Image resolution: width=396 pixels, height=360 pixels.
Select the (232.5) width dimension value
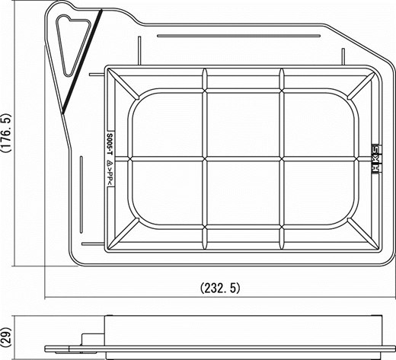[220, 288]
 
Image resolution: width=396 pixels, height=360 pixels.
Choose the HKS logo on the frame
[374, 160]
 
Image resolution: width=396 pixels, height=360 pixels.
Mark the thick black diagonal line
[81, 59]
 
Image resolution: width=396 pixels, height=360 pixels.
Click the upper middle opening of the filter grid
[244, 123]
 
